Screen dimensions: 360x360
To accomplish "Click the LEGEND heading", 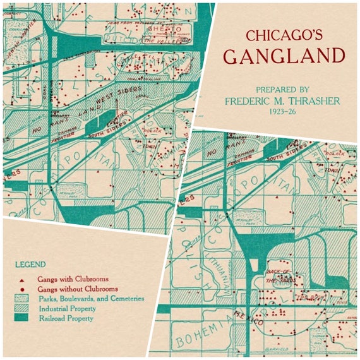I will [x=30, y=264].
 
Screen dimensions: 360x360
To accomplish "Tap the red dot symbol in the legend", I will [x=23, y=289].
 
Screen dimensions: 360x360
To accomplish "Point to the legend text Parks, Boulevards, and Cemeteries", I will [x=92, y=299].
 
